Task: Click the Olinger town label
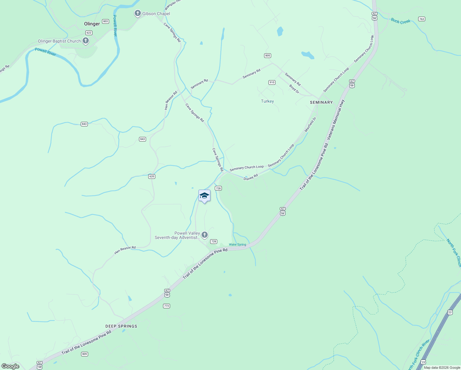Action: click(x=92, y=24)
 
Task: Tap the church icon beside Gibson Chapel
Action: click(x=138, y=14)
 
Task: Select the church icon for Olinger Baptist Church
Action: click(x=86, y=41)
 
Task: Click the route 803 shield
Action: click(x=106, y=21)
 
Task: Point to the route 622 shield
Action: click(x=89, y=33)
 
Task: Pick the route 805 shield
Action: click(x=267, y=55)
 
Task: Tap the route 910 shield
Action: click(x=272, y=82)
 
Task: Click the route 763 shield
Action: click(x=422, y=19)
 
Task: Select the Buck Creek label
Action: click(x=401, y=21)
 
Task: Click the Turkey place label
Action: click(x=267, y=101)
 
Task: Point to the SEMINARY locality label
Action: click(x=321, y=102)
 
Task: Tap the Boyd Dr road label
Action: click(x=294, y=89)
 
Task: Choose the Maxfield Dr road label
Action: click(x=311, y=125)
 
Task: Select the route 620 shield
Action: click(x=152, y=176)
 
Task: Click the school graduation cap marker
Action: click(x=204, y=196)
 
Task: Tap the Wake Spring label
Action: click(x=237, y=245)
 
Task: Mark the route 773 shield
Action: click(x=167, y=306)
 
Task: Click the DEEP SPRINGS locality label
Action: click(x=121, y=326)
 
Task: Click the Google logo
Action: click(x=10, y=366)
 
